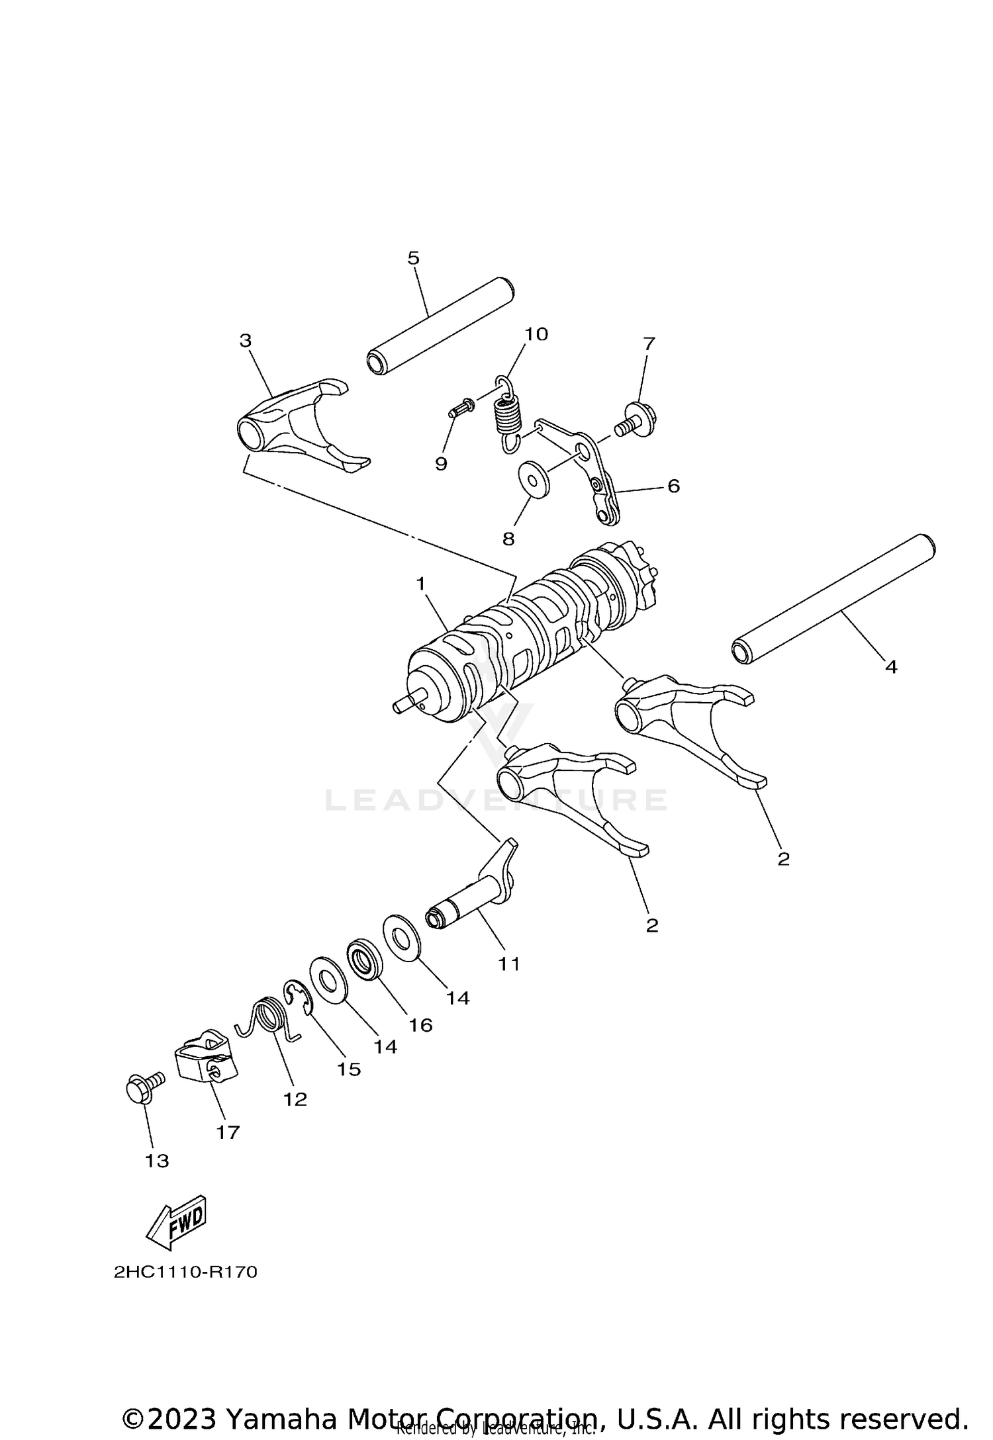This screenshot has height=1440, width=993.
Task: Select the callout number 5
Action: click(413, 258)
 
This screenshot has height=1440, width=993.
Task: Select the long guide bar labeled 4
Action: click(833, 599)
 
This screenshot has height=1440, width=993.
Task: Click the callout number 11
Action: click(509, 964)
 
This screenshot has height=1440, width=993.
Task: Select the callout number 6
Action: click(673, 486)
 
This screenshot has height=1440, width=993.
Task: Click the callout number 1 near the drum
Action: click(420, 584)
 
